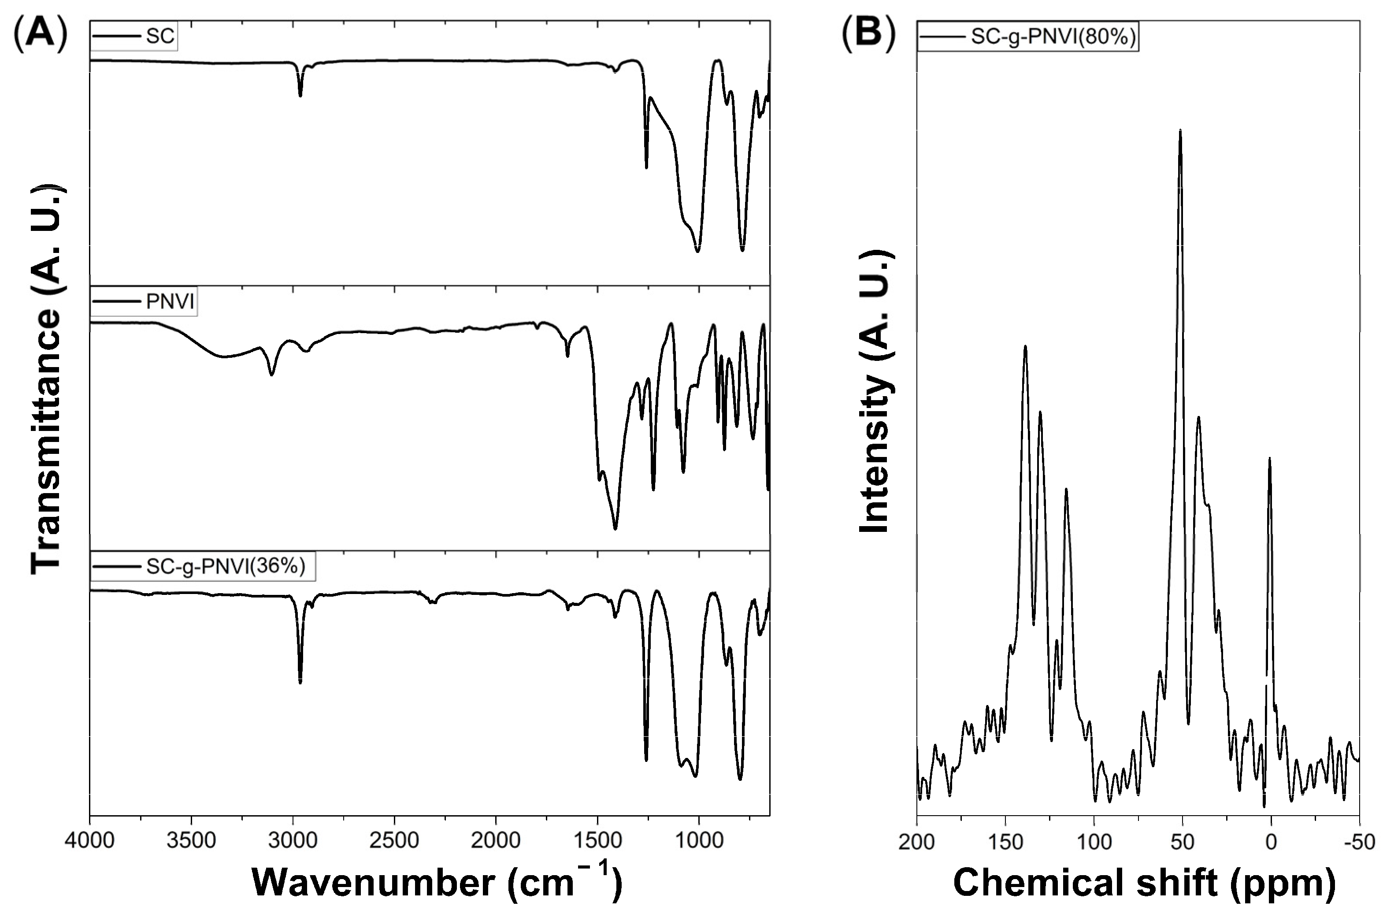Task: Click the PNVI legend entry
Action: coord(170,302)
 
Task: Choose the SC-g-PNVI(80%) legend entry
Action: coord(1053,36)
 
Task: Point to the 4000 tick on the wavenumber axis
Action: coord(90,841)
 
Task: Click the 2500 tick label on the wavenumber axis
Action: coord(394,841)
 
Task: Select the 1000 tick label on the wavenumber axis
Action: coord(699,841)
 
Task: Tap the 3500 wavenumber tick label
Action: coord(191,841)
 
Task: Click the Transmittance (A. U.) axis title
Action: coord(47,380)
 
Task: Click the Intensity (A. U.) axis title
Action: coord(875,392)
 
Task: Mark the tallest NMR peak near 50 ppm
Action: coord(1180,130)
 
